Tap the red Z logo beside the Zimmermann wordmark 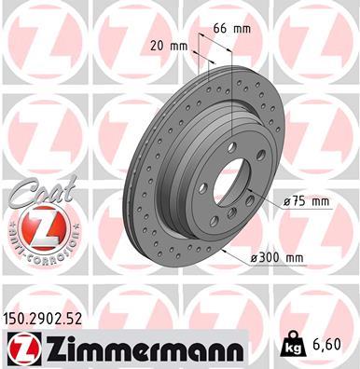(x=18, y=348)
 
